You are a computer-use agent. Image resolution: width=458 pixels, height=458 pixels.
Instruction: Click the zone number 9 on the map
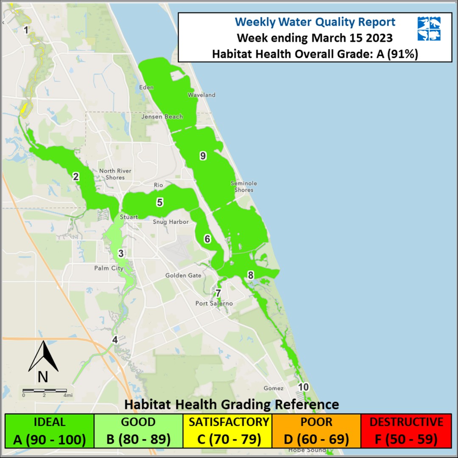(203, 156)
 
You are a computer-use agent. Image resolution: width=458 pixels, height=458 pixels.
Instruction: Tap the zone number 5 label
(159, 203)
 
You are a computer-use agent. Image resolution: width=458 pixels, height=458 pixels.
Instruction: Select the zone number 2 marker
(76, 177)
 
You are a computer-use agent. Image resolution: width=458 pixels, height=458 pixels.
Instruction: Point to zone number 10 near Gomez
(303, 387)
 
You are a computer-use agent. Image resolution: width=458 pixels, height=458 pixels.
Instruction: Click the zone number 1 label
(26, 30)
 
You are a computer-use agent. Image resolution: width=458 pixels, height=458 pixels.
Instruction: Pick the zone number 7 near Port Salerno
(218, 293)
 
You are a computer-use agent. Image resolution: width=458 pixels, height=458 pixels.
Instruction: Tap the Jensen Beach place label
(162, 117)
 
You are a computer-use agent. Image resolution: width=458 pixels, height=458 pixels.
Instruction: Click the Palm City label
(109, 268)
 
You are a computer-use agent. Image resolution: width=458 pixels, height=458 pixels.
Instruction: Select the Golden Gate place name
(183, 276)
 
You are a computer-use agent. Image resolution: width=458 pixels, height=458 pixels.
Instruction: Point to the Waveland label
(201, 95)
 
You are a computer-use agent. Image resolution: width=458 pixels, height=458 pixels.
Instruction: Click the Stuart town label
(128, 217)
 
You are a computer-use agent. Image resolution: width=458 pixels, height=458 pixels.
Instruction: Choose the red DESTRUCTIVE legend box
(406, 430)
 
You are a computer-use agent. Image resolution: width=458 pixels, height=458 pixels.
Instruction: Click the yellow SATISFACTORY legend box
(229, 430)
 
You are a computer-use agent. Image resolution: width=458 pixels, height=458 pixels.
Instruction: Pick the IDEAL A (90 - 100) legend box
(50, 430)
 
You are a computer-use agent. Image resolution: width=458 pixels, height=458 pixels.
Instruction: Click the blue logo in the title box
(429, 29)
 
